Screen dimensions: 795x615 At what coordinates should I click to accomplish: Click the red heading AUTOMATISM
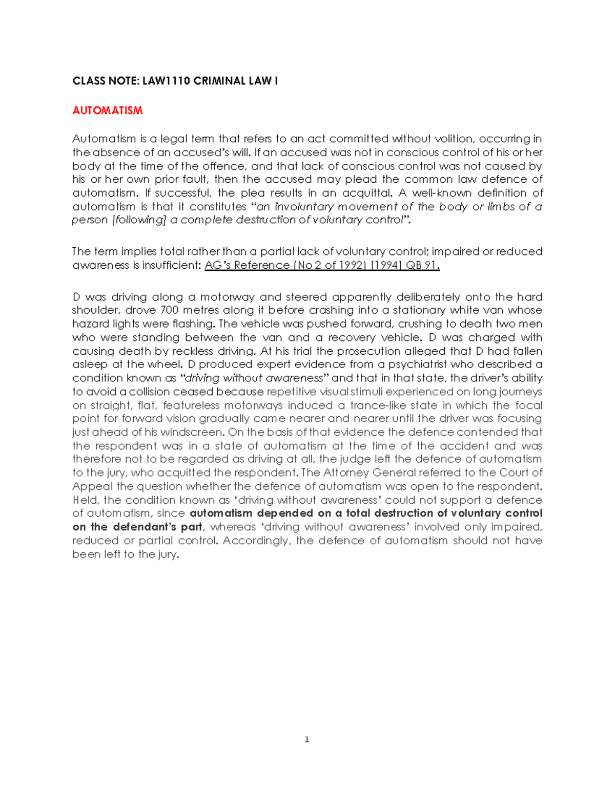(107, 111)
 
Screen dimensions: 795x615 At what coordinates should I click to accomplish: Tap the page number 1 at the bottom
(306, 740)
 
